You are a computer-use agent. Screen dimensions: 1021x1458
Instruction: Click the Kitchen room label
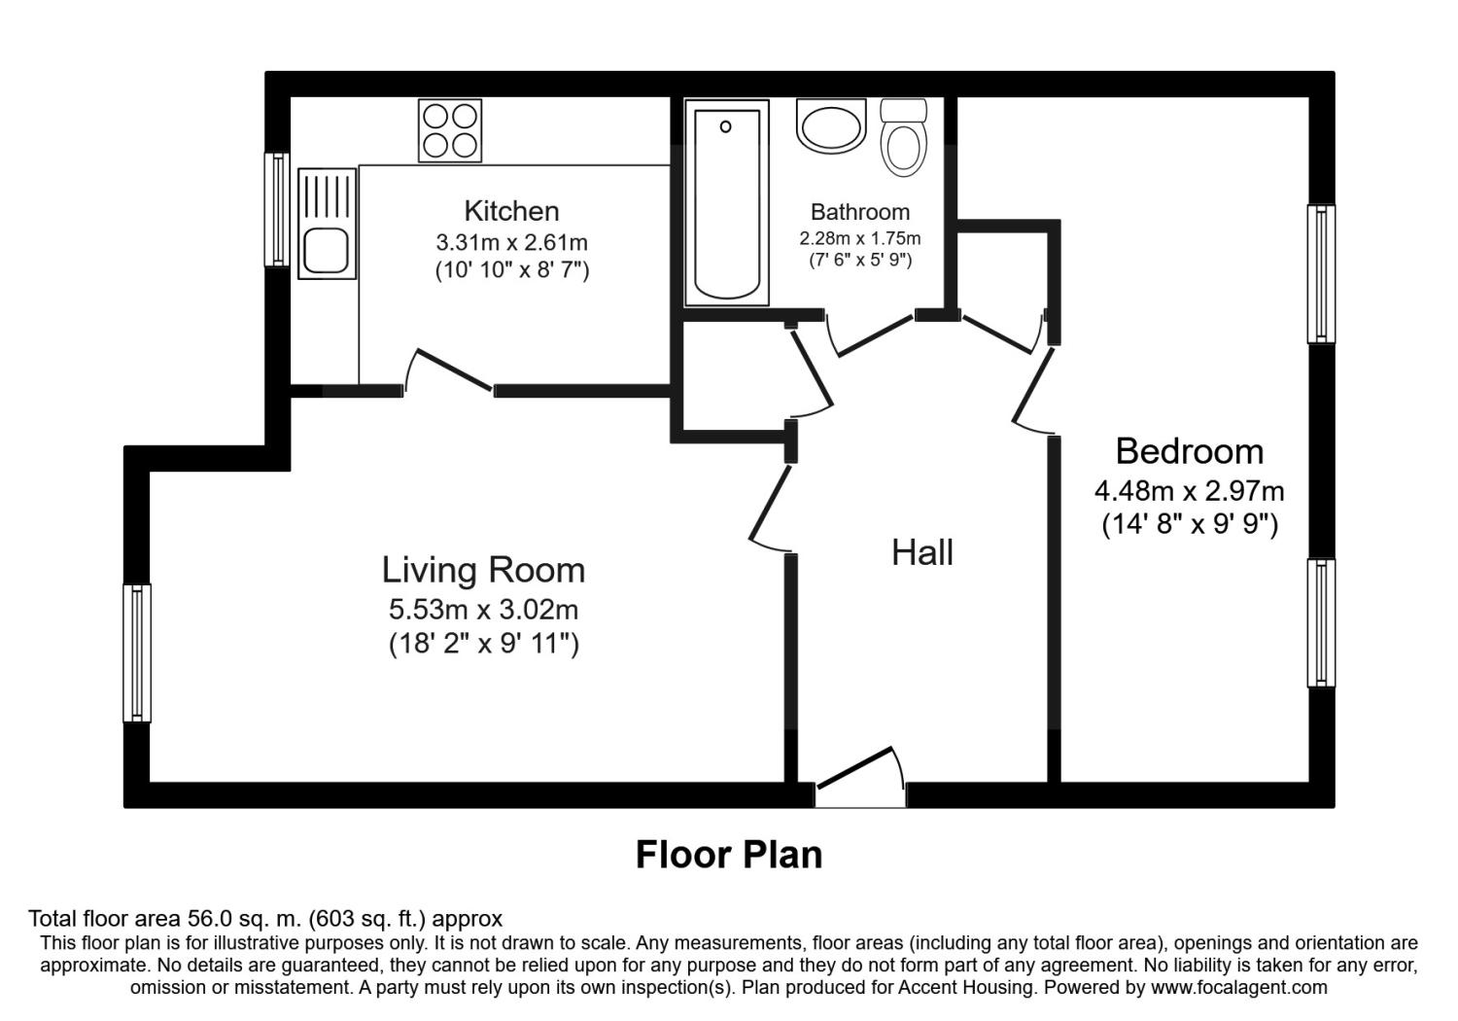click(511, 211)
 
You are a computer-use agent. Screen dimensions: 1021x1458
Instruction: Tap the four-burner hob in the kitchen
click(450, 130)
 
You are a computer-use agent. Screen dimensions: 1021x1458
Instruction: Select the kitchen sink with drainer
click(326, 225)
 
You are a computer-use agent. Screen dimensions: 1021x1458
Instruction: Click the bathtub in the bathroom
click(727, 203)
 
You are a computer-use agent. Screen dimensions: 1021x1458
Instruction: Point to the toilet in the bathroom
click(904, 137)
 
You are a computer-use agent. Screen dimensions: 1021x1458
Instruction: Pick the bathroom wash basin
click(830, 126)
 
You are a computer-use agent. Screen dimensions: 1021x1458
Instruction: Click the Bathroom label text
click(860, 212)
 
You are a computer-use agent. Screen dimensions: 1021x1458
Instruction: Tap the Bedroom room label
click(1189, 451)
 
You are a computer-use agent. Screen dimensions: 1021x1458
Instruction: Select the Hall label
click(922, 552)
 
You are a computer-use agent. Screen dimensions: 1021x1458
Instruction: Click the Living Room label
click(483, 570)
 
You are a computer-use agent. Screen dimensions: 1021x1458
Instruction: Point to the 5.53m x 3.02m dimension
click(483, 610)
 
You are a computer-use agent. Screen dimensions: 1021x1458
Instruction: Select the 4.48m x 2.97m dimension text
click(1189, 491)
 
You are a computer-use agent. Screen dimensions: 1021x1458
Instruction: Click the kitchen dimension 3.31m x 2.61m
click(511, 241)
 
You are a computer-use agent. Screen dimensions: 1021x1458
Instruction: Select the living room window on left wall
click(137, 652)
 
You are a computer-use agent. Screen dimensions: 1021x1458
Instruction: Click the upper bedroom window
click(1320, 273)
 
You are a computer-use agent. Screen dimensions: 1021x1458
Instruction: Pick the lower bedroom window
click(1320, 623)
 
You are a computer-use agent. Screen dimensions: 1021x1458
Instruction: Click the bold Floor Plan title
click(729, 854)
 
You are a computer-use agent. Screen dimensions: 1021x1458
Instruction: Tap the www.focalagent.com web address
click(1238, 988)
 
